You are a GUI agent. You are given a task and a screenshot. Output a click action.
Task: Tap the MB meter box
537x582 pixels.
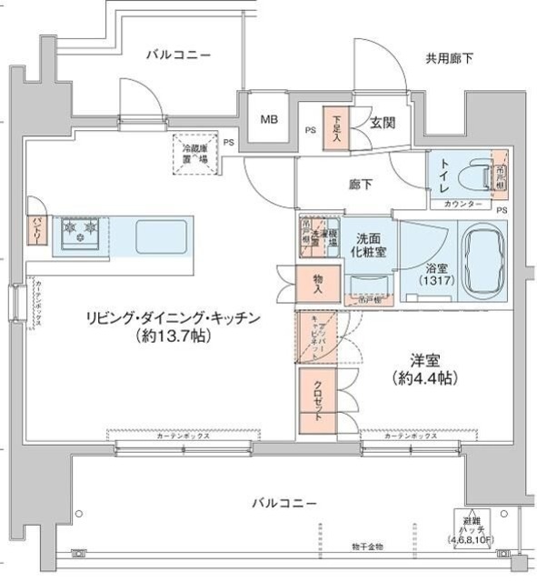point(270,119)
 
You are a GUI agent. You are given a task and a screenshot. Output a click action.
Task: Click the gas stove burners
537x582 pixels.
point(81,234)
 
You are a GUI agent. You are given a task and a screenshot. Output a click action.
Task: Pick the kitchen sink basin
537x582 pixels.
point(161,237)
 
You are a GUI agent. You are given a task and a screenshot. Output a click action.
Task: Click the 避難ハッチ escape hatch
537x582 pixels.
point(478,528)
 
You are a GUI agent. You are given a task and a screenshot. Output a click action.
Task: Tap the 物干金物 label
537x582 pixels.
point(367,547)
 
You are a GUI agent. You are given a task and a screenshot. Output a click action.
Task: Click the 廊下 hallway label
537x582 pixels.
point(361,185)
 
